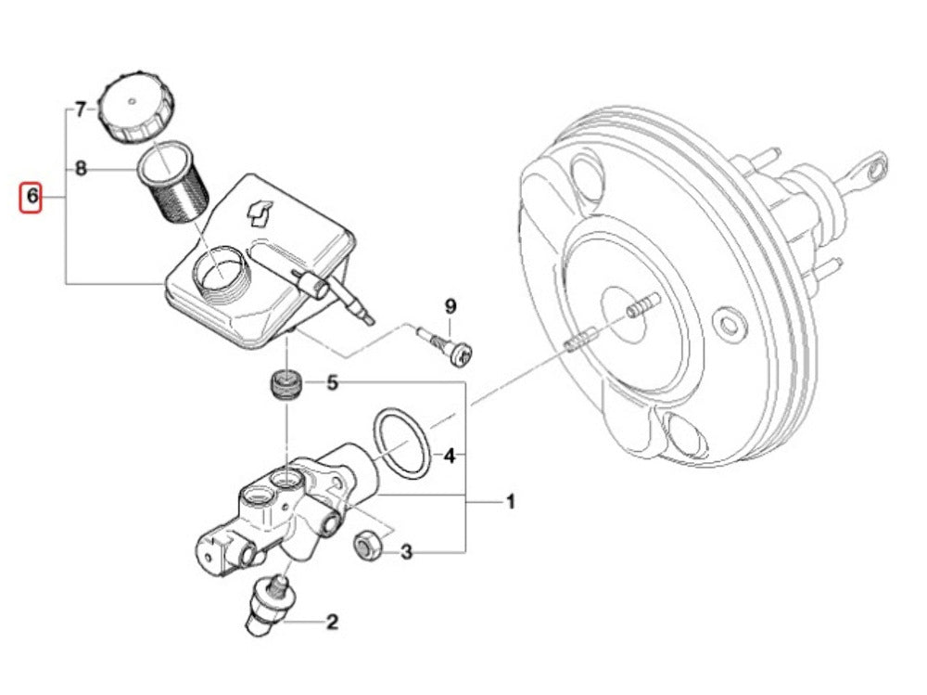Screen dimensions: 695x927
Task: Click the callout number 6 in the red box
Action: pyautogui.click(x=32, y=197)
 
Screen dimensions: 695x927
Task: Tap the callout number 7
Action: pyautogui.click(x=80, y=110)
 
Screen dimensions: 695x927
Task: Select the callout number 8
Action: pyautogui.click(x=81, y=170)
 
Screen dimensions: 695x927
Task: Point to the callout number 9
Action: pyautogui.click(x=451, y=304)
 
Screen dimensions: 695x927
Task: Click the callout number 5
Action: pyautogui.click(x=332, y=381)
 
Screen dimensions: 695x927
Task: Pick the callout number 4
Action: pyautogui.click(x=450, y=456)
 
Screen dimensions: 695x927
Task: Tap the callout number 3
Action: pyautogui.click(x=405, y=554)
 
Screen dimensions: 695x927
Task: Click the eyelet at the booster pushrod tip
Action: pyautogui.click(x=870, y=168)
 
